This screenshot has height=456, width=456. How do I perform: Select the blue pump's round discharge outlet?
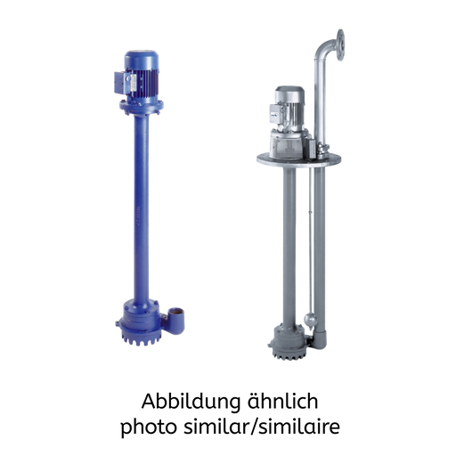point(176,321)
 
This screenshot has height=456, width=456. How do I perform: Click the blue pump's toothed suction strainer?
point(141,338)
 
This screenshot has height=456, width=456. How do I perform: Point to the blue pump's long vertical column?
point(142,208)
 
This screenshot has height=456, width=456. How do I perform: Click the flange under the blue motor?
point(142,107)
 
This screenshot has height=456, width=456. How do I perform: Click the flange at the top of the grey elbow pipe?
point(340,45)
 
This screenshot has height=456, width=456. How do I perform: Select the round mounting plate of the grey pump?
point(298,160)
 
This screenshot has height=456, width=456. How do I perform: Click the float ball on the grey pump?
point(311,320)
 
